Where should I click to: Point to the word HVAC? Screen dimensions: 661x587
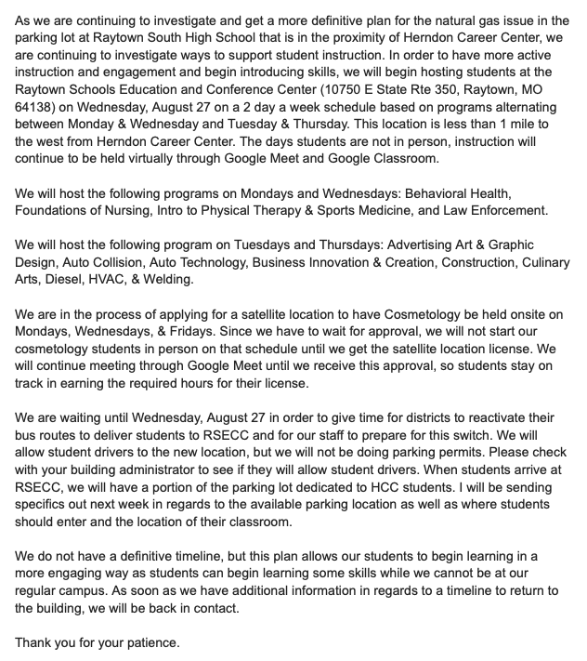coord(107,280)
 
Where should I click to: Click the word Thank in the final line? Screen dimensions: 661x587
coord(35,642)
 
